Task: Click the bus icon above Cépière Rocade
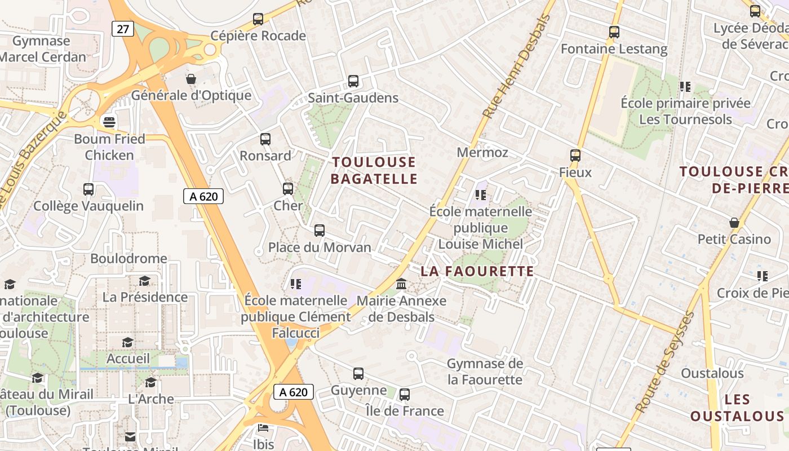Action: [258, 19]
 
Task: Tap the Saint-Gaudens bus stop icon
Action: [353, 81]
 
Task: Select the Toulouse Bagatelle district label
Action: [374, 170]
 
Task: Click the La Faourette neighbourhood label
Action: [477, 271]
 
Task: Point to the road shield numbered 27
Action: [122, 29]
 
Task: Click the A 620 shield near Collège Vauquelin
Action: [203, 196]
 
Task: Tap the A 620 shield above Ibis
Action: [293, 392]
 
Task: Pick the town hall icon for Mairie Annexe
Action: [401, 284]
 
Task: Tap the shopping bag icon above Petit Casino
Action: [734, 223]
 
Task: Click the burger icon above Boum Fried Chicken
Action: [109, 122]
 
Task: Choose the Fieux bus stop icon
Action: [575, 155]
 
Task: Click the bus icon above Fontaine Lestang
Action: [614, 32]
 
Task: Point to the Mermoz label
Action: [482, 152]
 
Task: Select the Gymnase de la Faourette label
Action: [485, 372]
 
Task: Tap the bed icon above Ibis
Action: [263, 427]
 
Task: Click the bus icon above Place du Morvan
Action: [320, 230]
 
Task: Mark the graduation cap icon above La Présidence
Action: [145, 281]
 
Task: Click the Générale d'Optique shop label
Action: [191, 95]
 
